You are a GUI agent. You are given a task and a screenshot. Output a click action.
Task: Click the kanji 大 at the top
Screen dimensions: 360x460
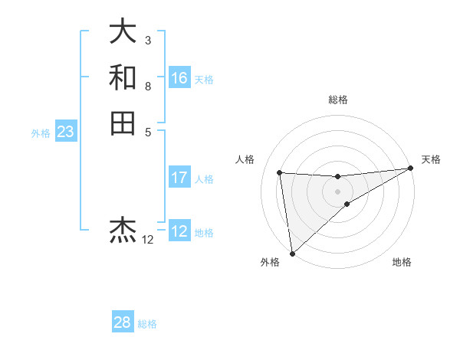(123, 31)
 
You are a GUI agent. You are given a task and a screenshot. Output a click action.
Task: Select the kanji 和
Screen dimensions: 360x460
(123, 77)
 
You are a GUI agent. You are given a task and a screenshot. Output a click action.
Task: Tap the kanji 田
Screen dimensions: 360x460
(123, 123)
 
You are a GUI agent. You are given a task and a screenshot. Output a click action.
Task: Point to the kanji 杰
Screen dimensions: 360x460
(123, 229)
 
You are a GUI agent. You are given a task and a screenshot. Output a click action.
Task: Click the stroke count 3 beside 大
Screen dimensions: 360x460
(147, 40)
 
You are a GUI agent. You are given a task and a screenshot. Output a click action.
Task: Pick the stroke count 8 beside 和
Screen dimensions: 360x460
(147, 86)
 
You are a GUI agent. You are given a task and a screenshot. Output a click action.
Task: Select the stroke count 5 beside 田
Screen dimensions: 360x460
(147, 132)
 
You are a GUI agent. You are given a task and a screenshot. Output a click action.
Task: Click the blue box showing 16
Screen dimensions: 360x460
(179, 78)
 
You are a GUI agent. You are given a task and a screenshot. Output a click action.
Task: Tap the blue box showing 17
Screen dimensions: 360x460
(179, 178)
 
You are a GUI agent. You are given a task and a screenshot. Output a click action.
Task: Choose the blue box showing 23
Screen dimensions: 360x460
(66, 133)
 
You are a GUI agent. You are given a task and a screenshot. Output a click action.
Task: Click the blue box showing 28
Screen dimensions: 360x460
(123, 322)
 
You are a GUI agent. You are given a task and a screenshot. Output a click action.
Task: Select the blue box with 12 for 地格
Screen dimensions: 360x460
(179, 232)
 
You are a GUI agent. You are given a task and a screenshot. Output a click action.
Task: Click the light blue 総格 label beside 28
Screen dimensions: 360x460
(147, 324)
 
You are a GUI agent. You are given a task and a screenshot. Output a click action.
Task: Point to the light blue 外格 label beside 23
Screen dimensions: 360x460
(41, 133)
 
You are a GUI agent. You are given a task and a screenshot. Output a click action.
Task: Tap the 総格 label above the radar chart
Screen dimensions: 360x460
(337, 100)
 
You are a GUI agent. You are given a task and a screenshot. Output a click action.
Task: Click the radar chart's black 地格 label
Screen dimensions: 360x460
(402, 263)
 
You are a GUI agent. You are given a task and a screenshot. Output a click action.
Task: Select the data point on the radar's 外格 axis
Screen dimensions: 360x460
(292, 254)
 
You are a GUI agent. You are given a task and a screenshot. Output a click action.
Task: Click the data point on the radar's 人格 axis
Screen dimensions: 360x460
(280, 172)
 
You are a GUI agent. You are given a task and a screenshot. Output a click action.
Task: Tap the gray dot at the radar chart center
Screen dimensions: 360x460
(337, 191)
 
